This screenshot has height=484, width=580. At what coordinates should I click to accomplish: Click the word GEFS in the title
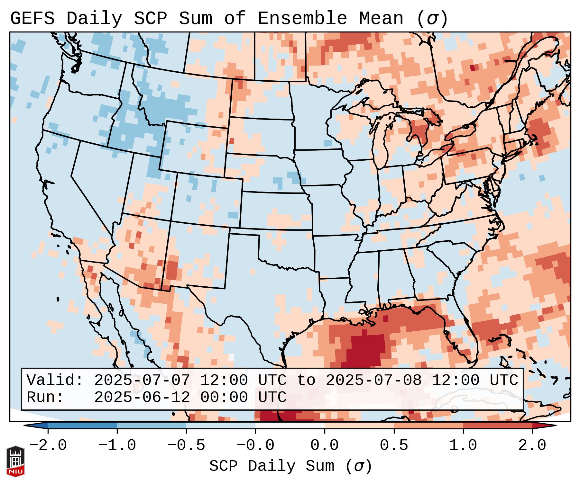[x=32, y=19]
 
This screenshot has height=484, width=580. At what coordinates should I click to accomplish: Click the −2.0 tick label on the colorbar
[x=48, y=445]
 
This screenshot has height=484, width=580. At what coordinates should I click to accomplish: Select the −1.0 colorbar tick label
[x=117, y=445]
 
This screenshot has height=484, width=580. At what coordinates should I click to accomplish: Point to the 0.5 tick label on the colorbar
[x=394, y=445]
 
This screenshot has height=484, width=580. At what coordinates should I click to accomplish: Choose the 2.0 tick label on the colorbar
[x=532, y=445]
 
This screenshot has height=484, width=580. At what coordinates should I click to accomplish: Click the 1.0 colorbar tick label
[x=463, y=445]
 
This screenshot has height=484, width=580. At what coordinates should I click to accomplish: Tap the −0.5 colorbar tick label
[x=186, y=445]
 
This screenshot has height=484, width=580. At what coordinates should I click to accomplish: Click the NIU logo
[x=15, y=461]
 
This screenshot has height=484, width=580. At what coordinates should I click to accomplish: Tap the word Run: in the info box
[x=45, y=398]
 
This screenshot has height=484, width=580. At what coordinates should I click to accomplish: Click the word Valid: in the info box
[x=55, y=381]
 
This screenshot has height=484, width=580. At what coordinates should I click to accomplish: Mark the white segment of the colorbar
[x=290, y=426]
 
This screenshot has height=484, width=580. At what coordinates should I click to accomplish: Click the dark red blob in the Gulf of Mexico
[x=367, y=349]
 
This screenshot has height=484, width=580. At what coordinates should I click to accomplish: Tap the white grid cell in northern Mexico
[x=231, y=357]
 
